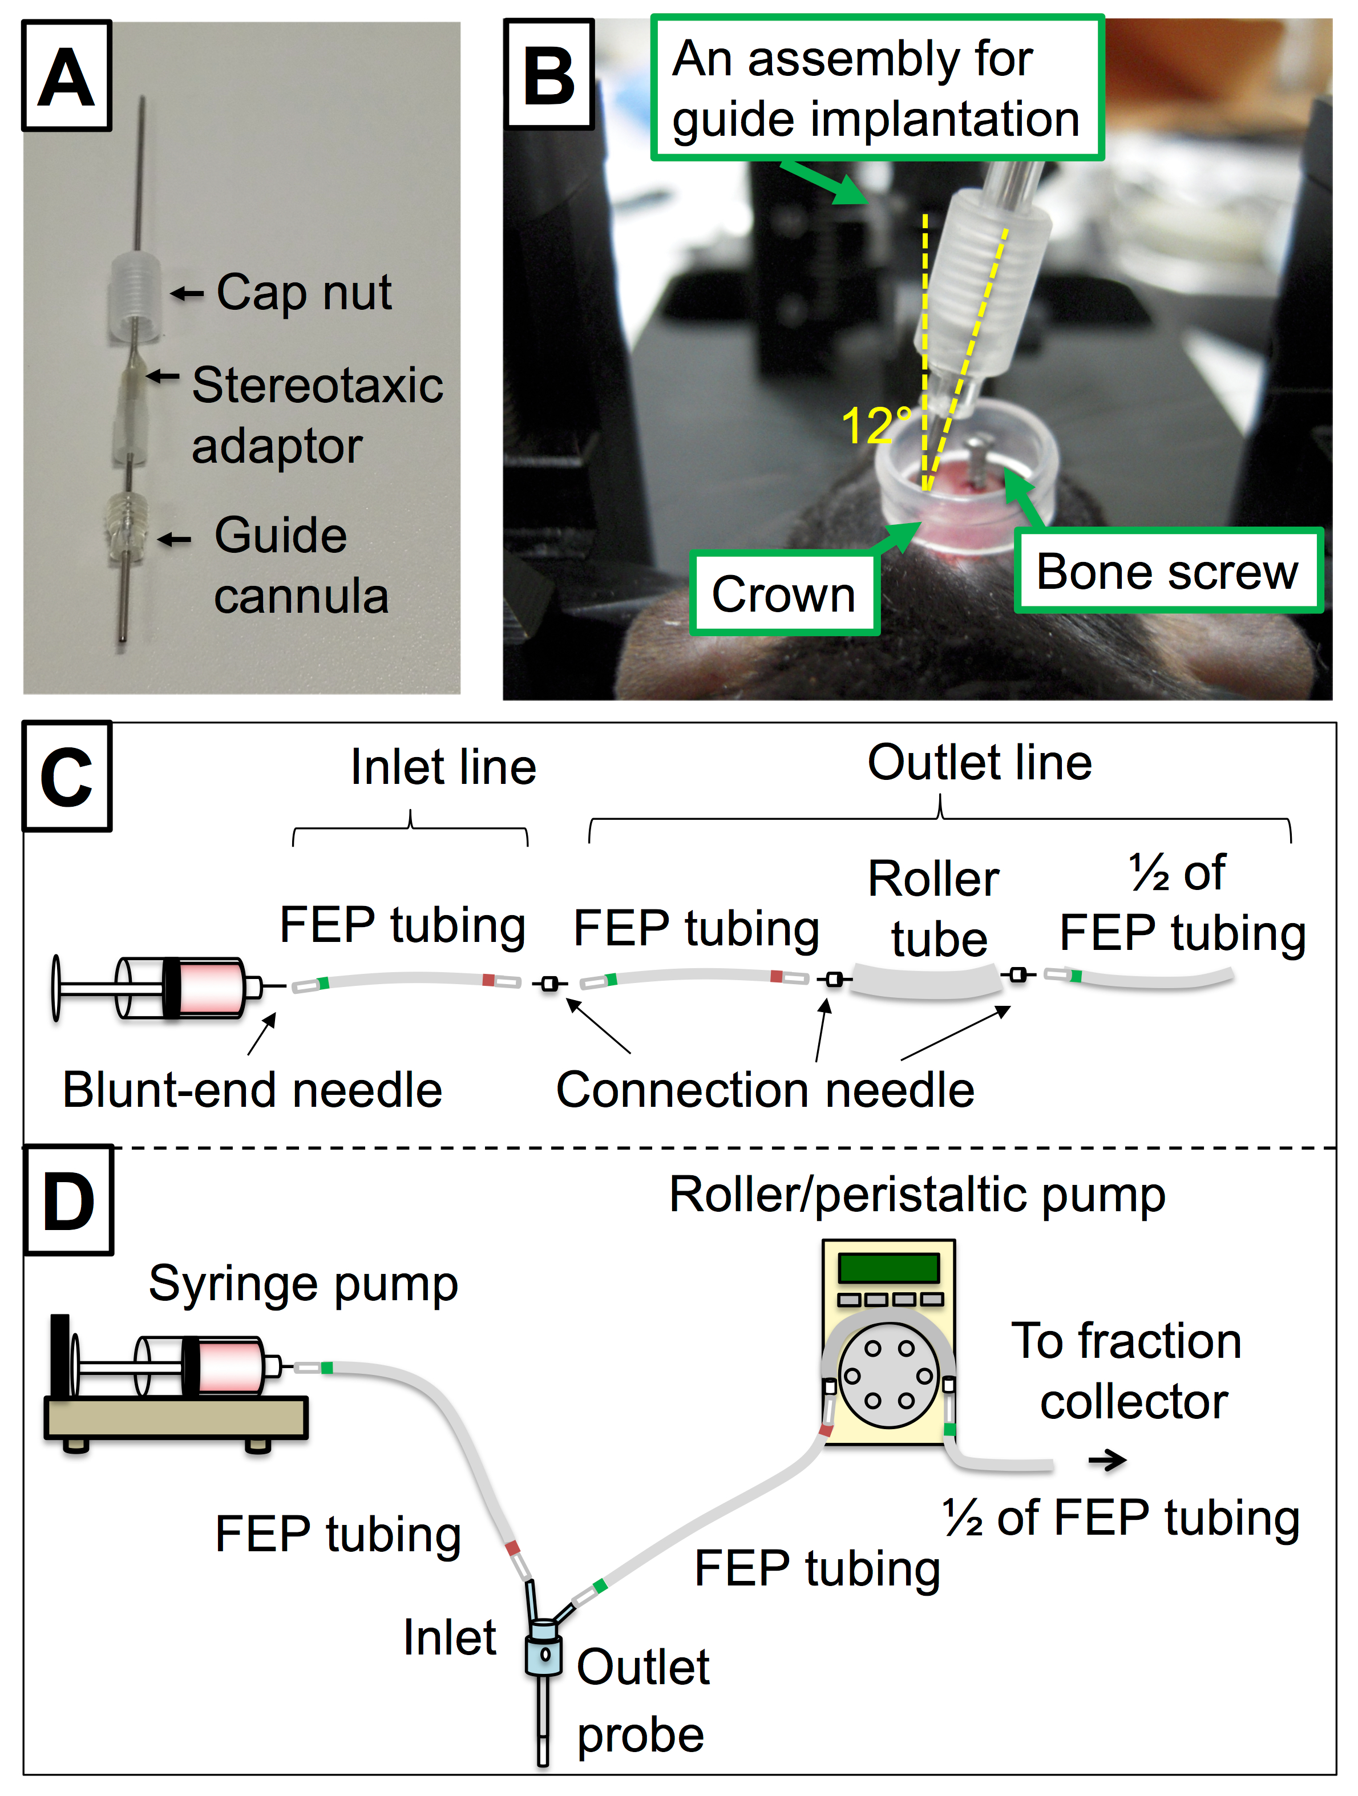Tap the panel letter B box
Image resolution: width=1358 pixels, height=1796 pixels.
(549, 75)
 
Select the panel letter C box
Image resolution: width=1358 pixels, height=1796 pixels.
(67, 777)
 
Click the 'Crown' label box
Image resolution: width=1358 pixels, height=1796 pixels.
(784, 593)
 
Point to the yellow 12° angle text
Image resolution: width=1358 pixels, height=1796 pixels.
(875, 424)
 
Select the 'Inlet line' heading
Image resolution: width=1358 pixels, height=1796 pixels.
(443, 767)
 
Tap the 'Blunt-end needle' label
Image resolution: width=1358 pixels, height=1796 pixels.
(253, 1090)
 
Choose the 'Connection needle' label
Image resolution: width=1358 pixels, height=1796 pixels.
(765, 1090)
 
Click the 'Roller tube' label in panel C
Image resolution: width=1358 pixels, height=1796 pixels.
(936, 909)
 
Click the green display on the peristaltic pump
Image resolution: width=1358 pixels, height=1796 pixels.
(888, 1268)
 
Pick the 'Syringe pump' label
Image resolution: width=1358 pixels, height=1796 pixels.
(303, 1284)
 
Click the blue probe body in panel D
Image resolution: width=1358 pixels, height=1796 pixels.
(543, 1654)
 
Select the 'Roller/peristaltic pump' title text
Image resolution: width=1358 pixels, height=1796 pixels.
(917, 1195)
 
